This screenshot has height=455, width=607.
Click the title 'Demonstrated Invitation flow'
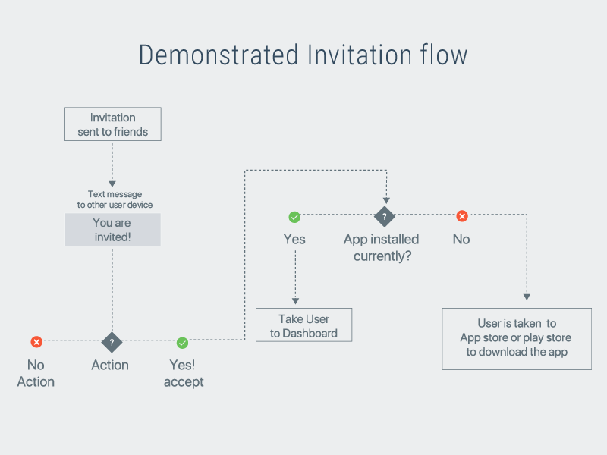pyautogui.click(x=303, y=55)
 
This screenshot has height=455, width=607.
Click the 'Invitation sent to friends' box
pyautogui.click(x=112, y=124)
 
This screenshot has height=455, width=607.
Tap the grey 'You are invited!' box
pyautogui.click(x=112, y=229)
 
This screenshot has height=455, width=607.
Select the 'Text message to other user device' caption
pyautogui.click(x=115, y=199)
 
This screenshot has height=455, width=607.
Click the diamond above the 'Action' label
pyautogui.click(x=112, y=342)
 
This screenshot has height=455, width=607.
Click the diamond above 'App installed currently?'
pyautogui.click(x=385, y=216)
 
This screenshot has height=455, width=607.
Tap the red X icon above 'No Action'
pyautogui.click(x=36, y=342)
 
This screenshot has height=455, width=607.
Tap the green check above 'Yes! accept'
pyautogui.click(x=182, y=342)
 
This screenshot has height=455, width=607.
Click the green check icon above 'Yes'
pyautogui.click(x=294, y=217)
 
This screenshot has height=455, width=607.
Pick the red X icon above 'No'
pyautogui.click(x=461, y=216)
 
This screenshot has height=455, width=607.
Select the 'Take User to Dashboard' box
pyautogui.click(x=303, y=325)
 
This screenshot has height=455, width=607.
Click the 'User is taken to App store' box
pyautogui.click(x=517, y=338)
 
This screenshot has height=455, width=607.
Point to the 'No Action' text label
pyautogui.click(x=36, y=373)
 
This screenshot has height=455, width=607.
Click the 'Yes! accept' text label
pyautogui.click(x=184, y=373)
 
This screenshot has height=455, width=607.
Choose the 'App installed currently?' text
pyautogui.click(x=381, y=247)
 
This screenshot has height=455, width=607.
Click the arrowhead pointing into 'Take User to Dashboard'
pyautogui.click(x=294, y=301)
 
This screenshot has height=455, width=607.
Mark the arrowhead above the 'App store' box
pyautogui.click(x=527, y=297)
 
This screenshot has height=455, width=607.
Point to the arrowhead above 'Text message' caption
pyautogui.click(x=112, y=184)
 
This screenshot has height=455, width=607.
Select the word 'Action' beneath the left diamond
pyautogui.click(x=110, y=365)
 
